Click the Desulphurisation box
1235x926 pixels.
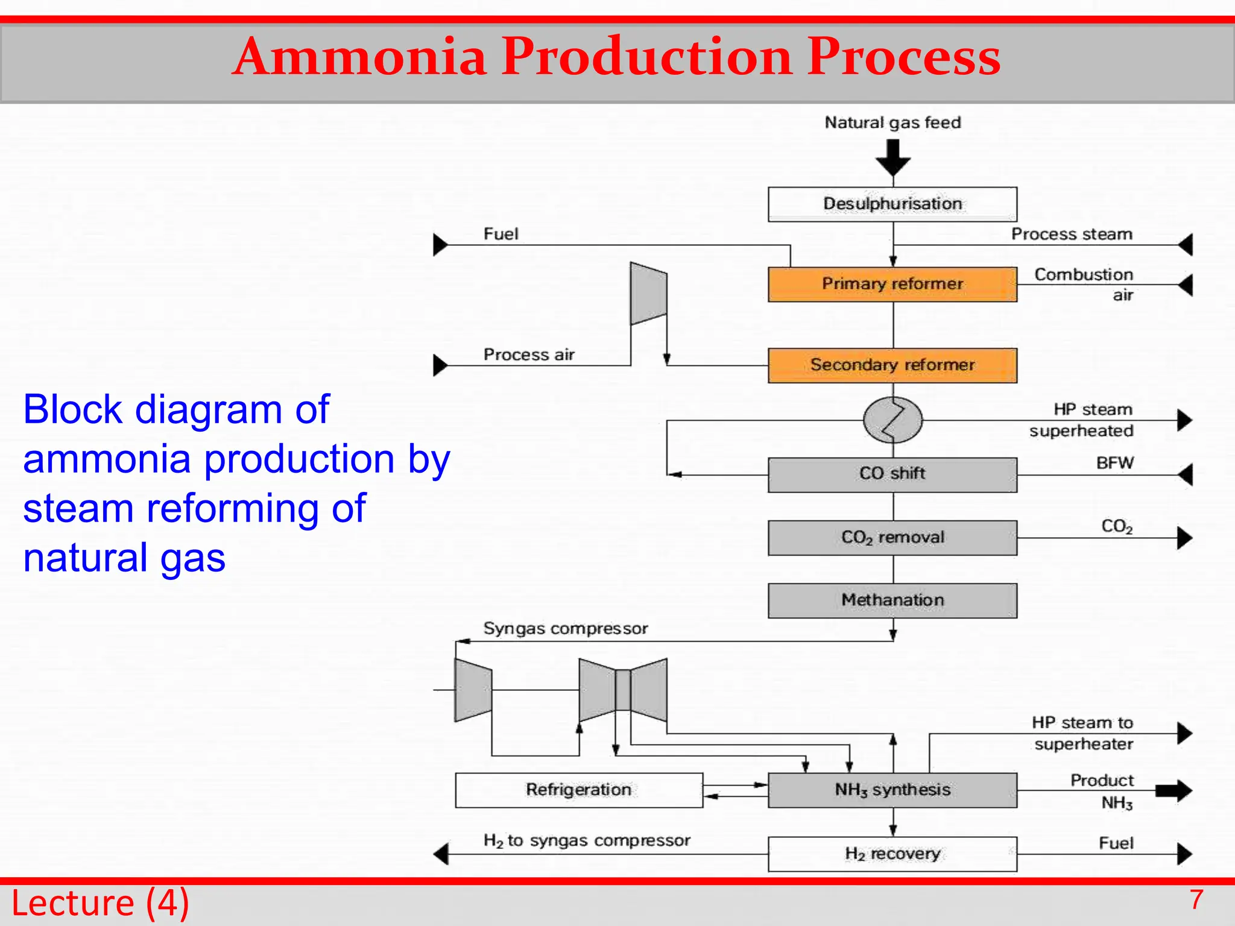click(x=892, y=204)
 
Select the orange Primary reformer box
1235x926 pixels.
click(x=892, y=284)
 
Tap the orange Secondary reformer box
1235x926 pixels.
click(x=892, y=365)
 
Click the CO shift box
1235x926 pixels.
click(x=892, y=474)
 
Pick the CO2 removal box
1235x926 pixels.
click(x=892, y=537)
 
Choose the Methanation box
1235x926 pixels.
click(x=892, y=600)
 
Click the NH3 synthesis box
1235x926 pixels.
click(x=892, y=790)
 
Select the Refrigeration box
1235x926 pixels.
click(x=578, y=790)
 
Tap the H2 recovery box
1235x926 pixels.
click(x=892, y=854)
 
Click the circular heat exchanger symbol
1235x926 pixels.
click(x=892, y=420)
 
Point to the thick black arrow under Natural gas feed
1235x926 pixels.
click(x=893, y=157)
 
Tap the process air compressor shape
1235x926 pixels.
click(x=648, y=294)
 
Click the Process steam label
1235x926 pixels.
click(x=1072, y=234)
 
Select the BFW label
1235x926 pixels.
click(x=1114, y=463)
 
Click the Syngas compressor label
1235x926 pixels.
click(x=565, y=629)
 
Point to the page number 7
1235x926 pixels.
click(x=1196, y=900)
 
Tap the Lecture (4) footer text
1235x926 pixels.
click(x=100, y=903)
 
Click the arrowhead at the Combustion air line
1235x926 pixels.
click(x=1186, y=285)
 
